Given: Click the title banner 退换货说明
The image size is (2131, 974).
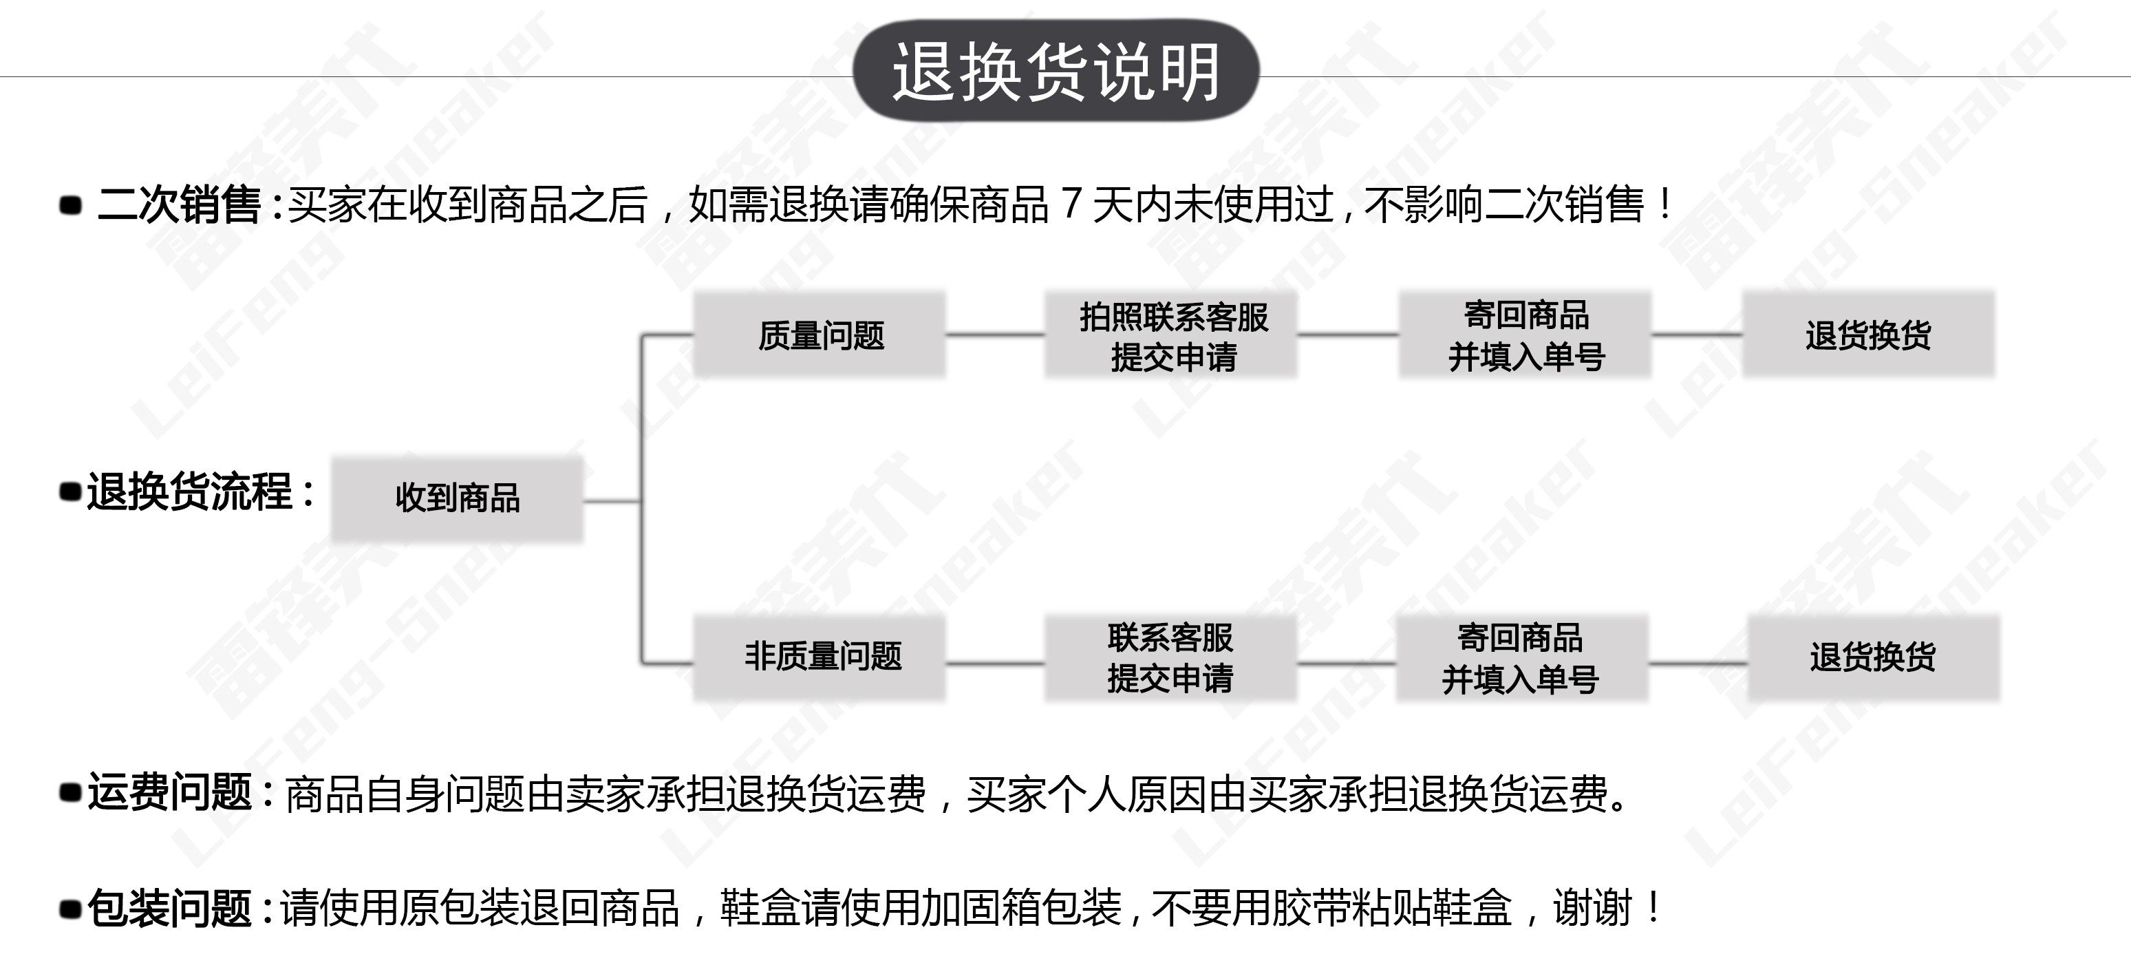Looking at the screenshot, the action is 1056,71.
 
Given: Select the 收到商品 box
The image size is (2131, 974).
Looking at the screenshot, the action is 458,499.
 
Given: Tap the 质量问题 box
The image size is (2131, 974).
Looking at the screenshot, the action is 820,335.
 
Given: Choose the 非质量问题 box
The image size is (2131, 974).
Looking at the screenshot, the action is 820,657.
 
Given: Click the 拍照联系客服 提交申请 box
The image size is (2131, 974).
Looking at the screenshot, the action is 1171,336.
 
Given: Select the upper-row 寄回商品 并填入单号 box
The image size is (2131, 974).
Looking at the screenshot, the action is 1525,335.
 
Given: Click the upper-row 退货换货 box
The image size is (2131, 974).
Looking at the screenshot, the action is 1869,335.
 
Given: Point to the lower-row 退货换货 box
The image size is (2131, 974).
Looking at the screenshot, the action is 1873,658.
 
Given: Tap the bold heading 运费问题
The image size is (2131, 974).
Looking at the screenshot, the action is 169,792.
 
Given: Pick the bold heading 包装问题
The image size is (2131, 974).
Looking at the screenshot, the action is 169,908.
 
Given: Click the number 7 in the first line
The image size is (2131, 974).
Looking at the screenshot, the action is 1071,204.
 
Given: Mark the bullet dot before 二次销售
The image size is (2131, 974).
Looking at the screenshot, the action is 71,205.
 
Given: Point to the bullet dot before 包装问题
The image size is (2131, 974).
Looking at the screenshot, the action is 71,909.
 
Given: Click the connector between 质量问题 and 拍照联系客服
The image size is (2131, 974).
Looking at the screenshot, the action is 995,335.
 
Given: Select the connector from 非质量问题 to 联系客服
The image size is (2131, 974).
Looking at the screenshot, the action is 995,663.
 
